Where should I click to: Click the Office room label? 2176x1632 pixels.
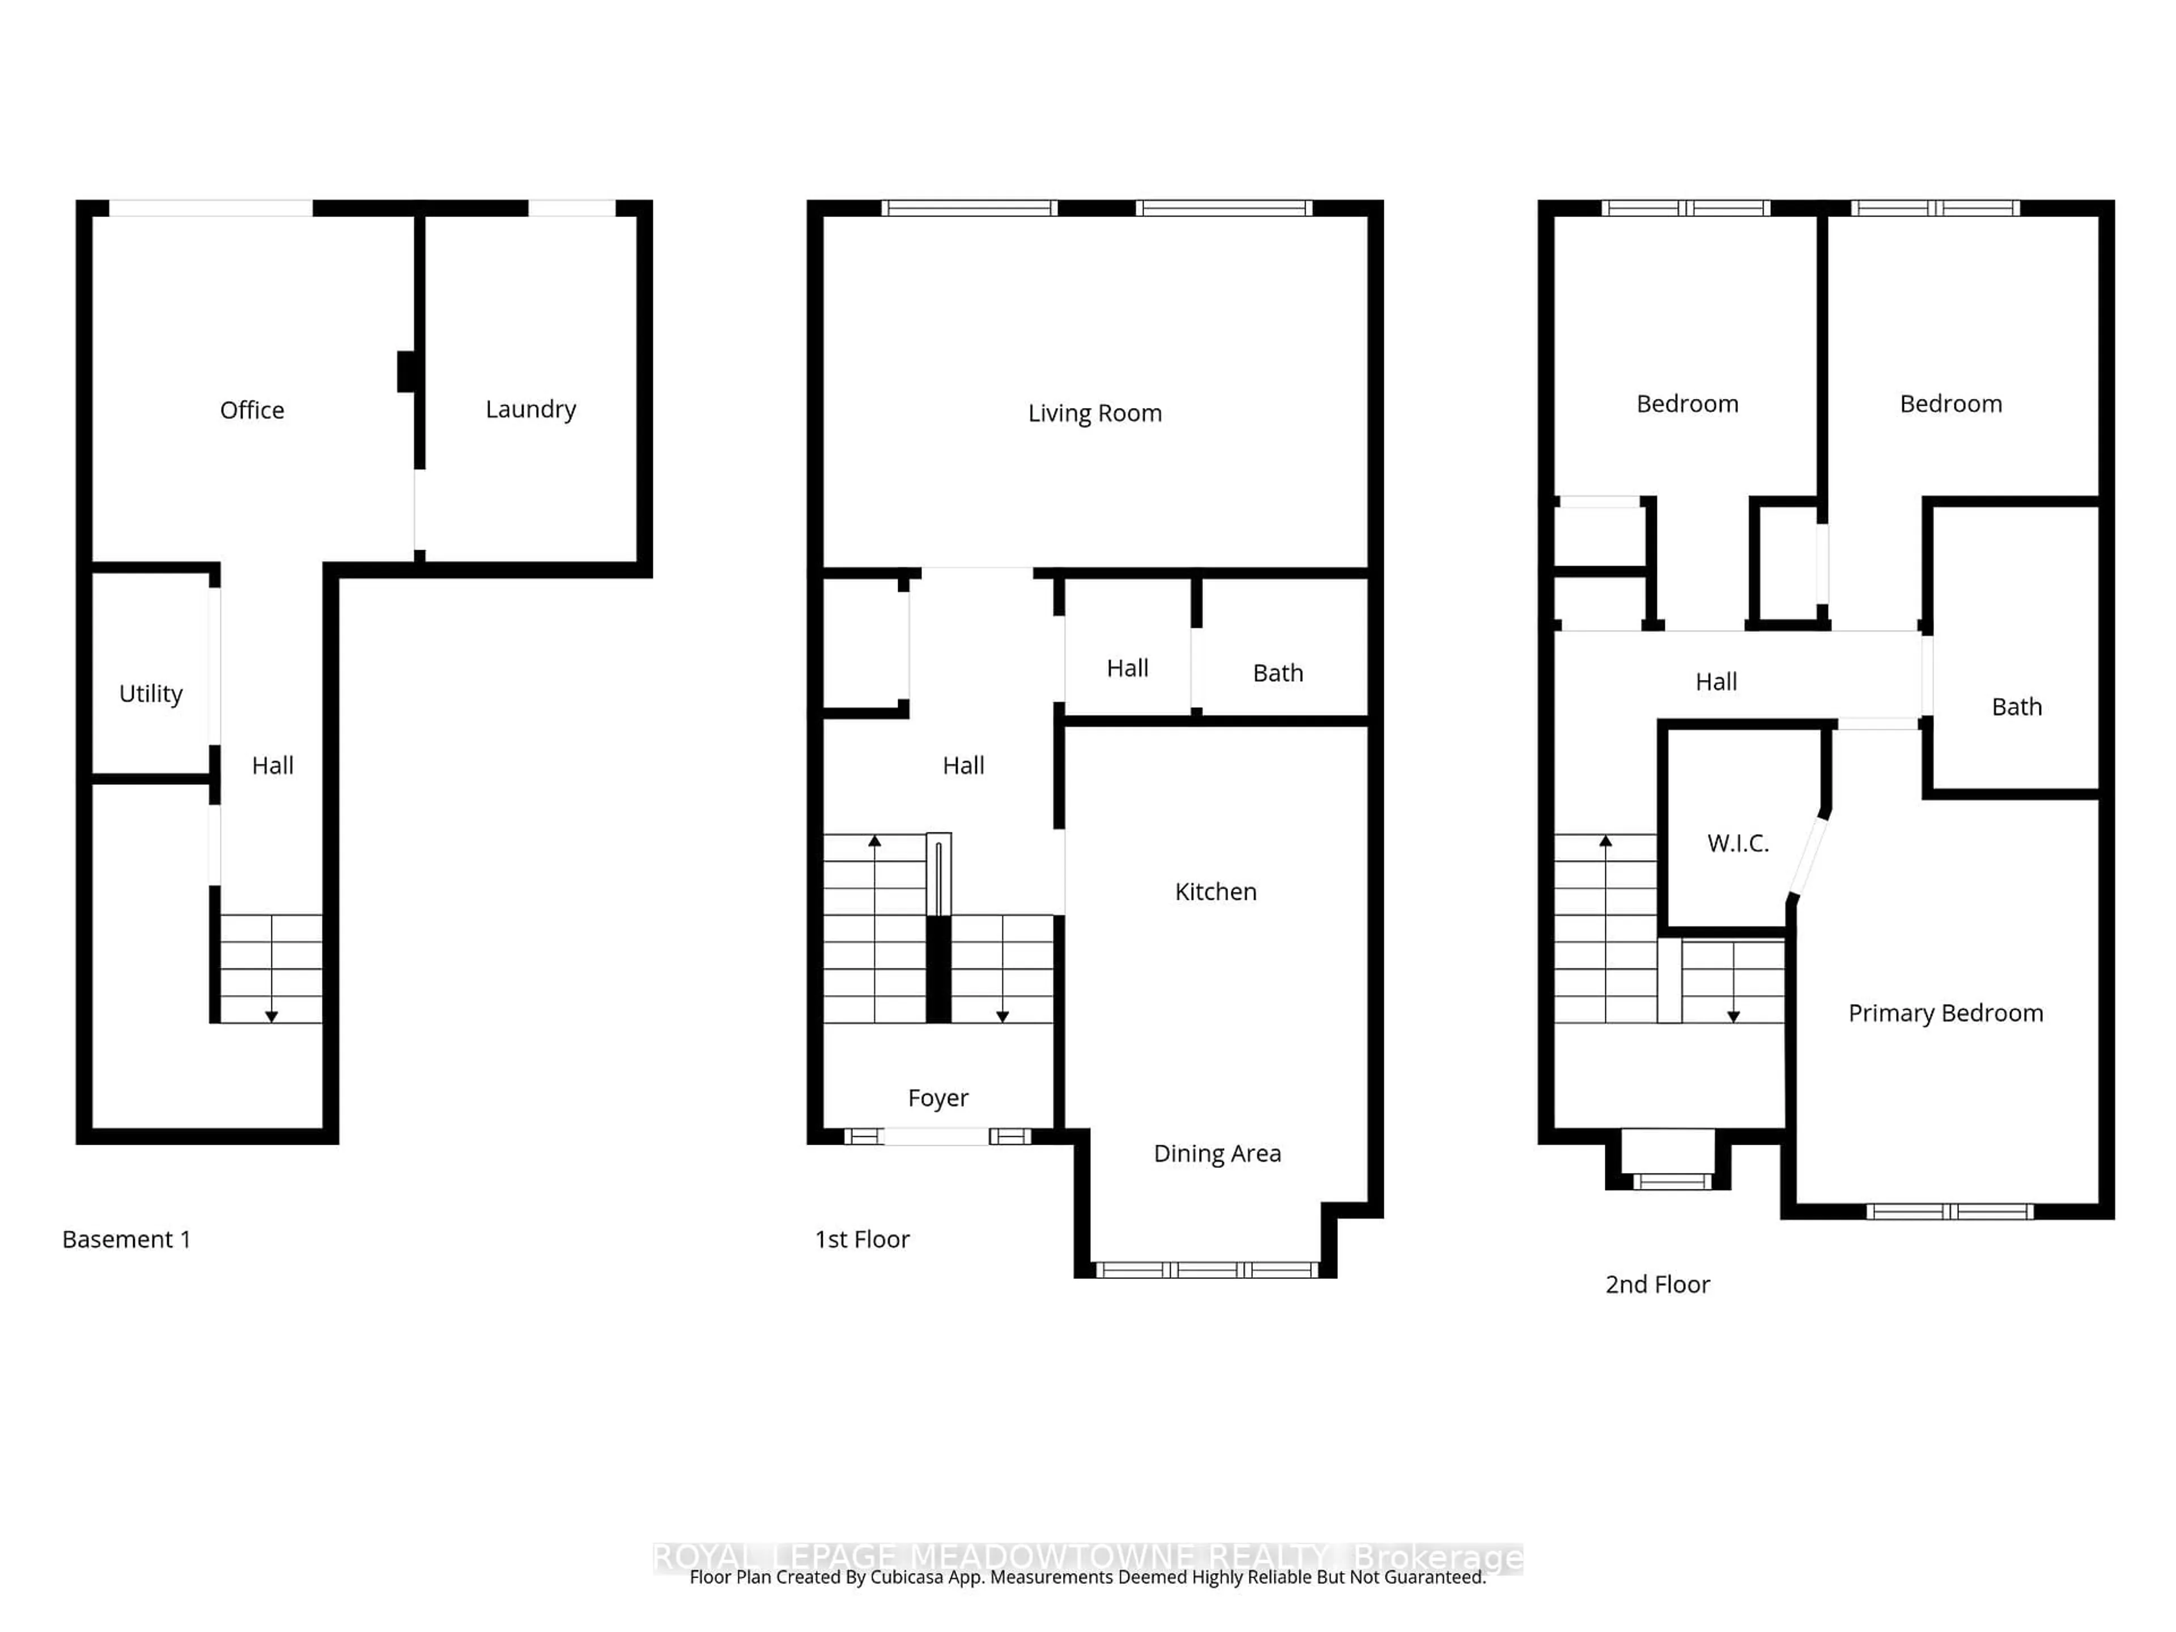pyautogui.click(x=252, y=410)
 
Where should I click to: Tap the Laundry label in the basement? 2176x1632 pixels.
pyautogui.click(x=530, y=409)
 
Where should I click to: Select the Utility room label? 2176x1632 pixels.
pyautogui.click(x=151, y=694)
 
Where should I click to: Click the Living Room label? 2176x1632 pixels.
pyautogui.click(x=1095, y=413)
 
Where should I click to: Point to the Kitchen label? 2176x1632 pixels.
pyautogui.click(x=1216, y=891)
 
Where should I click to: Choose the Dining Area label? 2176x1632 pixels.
pyautogui.click(x=1217, y=1153)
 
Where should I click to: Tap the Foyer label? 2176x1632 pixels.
pyautogui.click(x=937, y=1097)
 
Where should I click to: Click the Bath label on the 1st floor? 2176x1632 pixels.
pyautogui.click(x=1278, y=673)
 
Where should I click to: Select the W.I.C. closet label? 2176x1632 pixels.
pyautogui.click(x=1738, y=843)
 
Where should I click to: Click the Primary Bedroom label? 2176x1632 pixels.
pyautogui.click(x=1945, y=1013)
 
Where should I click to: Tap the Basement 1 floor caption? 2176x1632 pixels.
pyautogui.click(x=126, y=1239)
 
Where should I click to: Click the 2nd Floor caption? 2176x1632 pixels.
pyautogui.click(x=1657, y=1285)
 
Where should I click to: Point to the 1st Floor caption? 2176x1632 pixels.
pyautogui.click(x=862, y=1239)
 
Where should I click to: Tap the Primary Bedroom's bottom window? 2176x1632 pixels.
pyautogui.click(x=1949, y=1212)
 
